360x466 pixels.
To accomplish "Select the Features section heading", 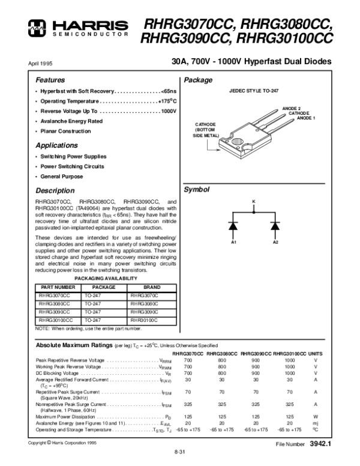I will [50, 80].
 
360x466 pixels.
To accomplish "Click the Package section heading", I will [197, 80].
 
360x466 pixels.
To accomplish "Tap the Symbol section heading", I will [196, 189].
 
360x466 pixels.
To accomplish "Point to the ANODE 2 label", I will [292, 109].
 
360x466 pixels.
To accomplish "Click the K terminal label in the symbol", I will [253, 201].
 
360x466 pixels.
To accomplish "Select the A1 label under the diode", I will [235, 242].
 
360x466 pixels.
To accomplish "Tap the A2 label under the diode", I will [276, 242].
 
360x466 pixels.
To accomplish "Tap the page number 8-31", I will [179, 452].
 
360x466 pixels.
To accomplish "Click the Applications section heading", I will [56, 145].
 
